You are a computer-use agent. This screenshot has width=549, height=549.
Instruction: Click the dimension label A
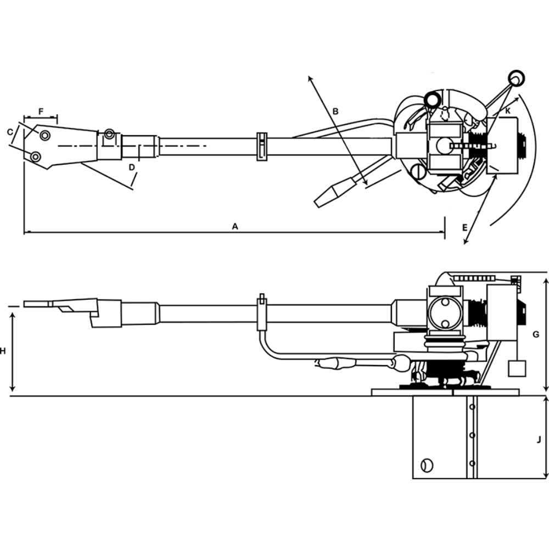[x=235, y=226]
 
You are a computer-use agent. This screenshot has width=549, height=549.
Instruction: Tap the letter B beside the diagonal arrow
[x=337, y=111]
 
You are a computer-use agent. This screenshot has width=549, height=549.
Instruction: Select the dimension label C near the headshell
[x=10, y=132]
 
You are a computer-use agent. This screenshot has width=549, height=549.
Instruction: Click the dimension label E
[x=464, y=227]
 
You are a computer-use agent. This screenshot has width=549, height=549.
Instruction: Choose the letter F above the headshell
[x=41, y=111]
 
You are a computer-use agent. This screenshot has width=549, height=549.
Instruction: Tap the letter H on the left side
[x=3, y=350]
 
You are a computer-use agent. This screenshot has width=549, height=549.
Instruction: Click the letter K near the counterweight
[x=508, y=111]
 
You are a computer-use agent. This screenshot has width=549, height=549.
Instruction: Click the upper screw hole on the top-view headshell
[x=44, y=135]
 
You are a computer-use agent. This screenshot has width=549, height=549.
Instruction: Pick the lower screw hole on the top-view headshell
[x=36, y=157]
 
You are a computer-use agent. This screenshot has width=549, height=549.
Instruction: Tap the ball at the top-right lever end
[x=515, y=78]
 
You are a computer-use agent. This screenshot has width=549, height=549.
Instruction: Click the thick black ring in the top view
[x=432, y=99]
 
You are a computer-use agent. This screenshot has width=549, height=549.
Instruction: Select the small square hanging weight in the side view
[x=517, y=368]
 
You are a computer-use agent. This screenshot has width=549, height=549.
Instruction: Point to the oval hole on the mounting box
[x=425, y=465]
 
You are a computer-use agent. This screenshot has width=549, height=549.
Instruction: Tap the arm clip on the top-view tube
[x=262, y=146]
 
